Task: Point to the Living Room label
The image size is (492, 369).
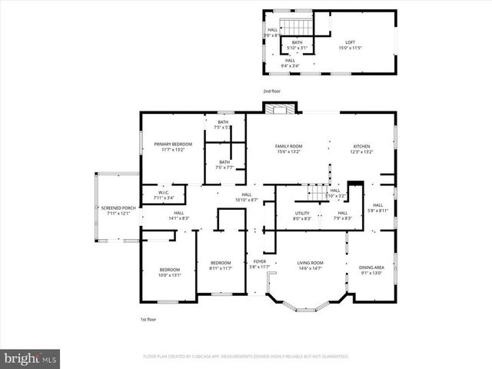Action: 311,266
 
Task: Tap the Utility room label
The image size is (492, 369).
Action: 302,215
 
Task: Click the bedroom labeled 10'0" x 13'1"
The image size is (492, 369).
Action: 169,272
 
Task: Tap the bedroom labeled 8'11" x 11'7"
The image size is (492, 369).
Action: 220,266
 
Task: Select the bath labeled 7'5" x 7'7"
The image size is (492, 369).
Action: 224,165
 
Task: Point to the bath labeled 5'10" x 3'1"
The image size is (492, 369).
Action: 297,45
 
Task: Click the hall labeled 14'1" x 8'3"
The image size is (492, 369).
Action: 178,215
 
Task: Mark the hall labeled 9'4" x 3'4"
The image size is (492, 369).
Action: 290,62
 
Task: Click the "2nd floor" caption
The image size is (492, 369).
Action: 272,91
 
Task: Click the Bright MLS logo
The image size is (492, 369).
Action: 31,358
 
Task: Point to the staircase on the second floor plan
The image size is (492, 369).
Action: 287,24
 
